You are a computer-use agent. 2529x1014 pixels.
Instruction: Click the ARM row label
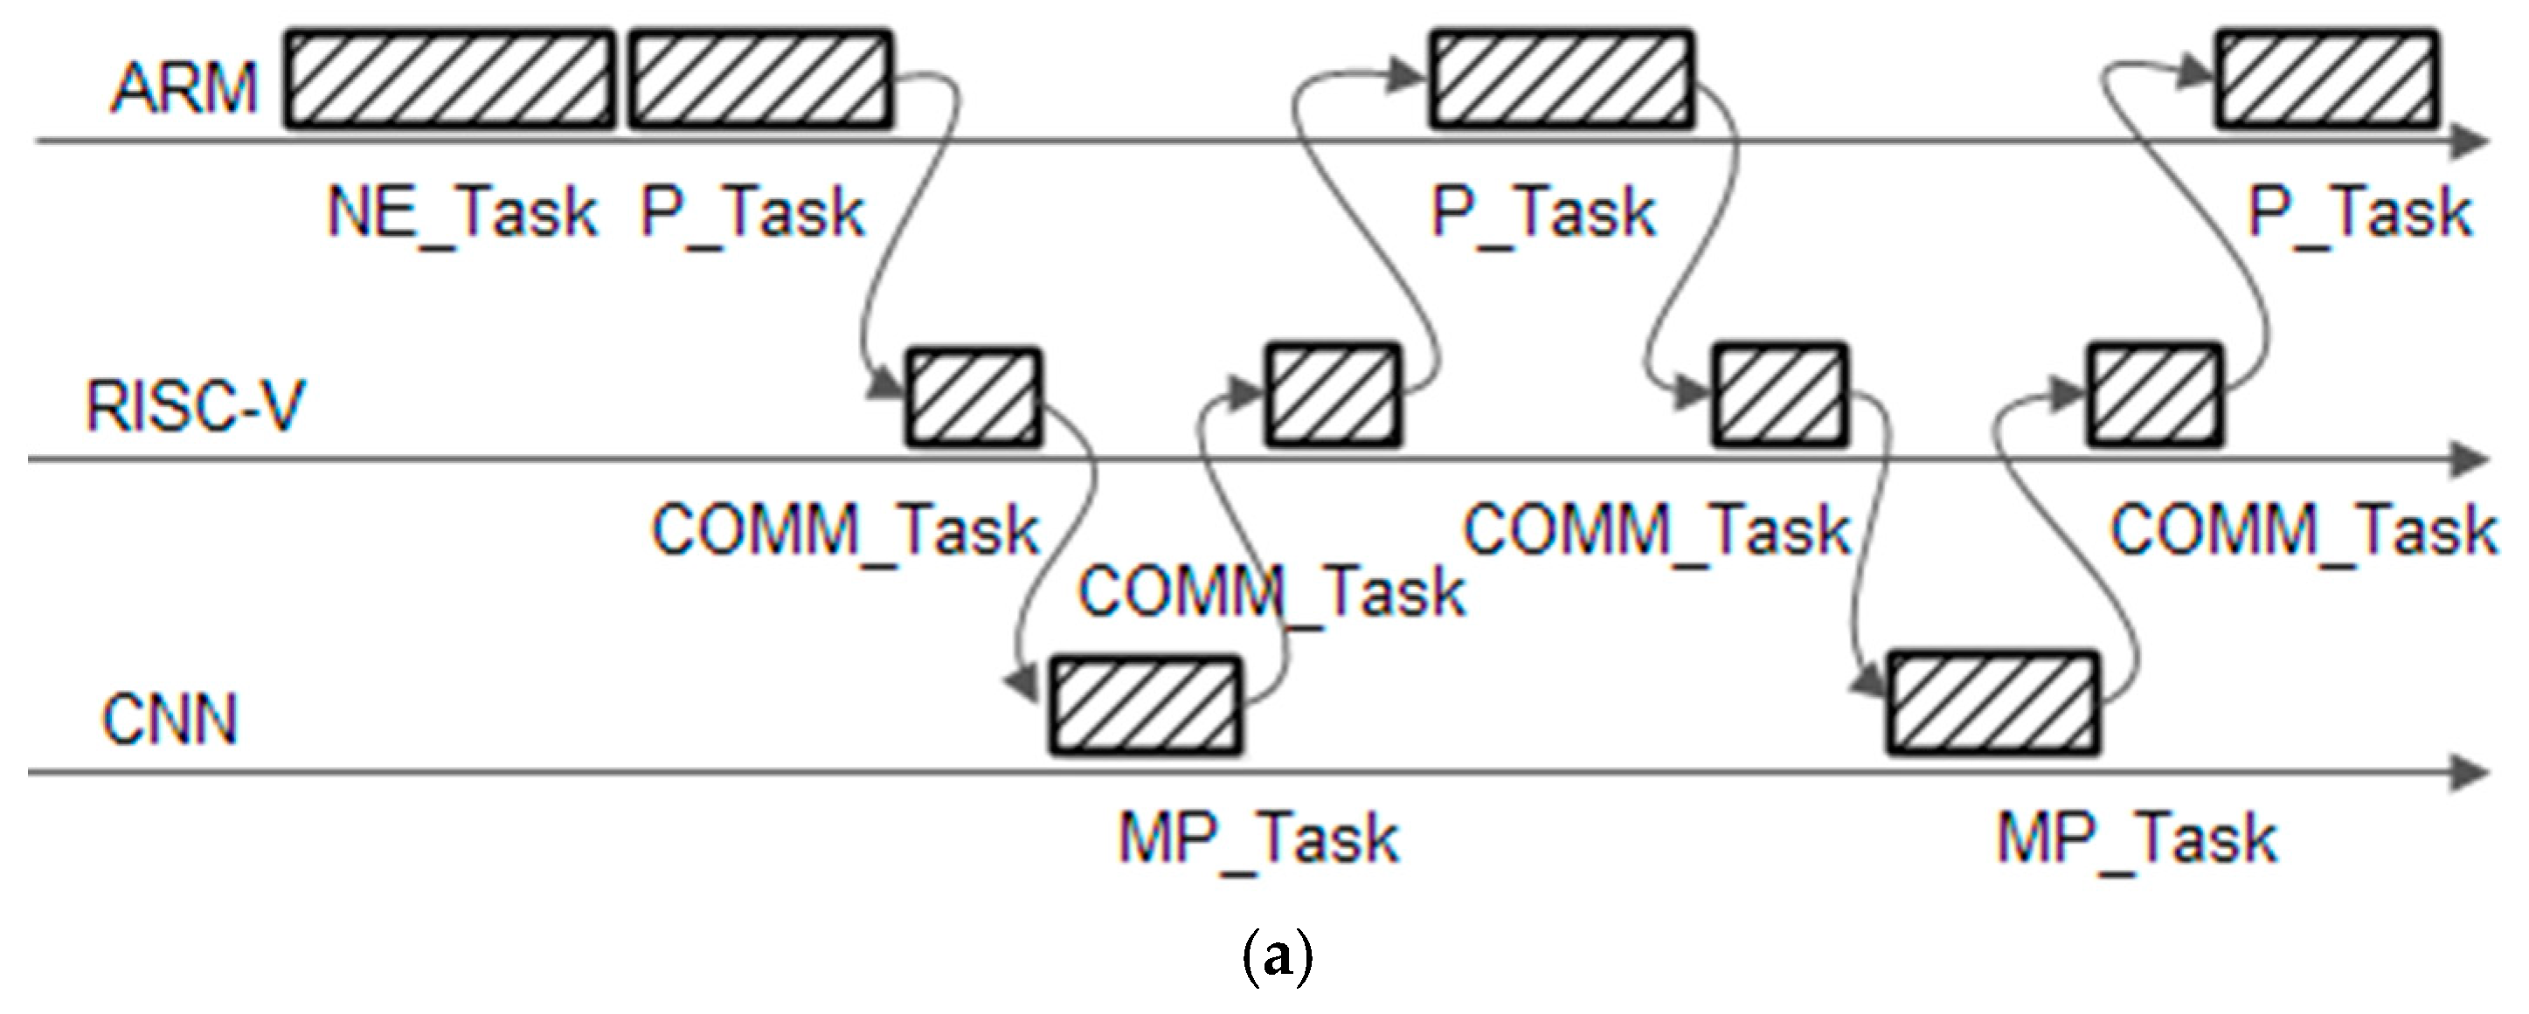[184, 88]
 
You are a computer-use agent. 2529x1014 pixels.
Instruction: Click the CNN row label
[170, 720]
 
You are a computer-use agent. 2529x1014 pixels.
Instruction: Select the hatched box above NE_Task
[450, 80]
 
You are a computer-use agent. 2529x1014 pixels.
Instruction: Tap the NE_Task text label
[461, 213]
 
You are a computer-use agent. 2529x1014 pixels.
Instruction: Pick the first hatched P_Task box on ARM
[760, 80]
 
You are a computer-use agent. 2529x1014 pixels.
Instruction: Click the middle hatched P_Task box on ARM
[1561, 80]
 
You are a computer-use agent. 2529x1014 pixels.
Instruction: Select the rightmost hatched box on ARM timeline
[2328, 80]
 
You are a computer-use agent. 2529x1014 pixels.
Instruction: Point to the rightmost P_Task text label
[2360, 213]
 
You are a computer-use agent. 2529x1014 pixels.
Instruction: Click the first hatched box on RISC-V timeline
[972, 397]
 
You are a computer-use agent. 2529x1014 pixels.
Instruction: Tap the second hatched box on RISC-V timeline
[1333, 396]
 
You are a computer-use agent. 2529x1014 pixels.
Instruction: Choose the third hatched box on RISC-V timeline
[1780, 396]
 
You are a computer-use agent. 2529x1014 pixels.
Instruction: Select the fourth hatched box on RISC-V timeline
[2153, 396]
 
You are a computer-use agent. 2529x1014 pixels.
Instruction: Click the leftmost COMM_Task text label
[845, 531]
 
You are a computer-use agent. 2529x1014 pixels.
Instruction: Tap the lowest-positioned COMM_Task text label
[1271, 592]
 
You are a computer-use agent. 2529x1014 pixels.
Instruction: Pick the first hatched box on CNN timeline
[1146, 707]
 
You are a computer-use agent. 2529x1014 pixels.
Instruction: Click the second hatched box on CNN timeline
[1994, 704]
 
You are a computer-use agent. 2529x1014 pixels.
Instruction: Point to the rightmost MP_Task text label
[2138, 840]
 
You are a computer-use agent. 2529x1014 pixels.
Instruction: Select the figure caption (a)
[1276, 959]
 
